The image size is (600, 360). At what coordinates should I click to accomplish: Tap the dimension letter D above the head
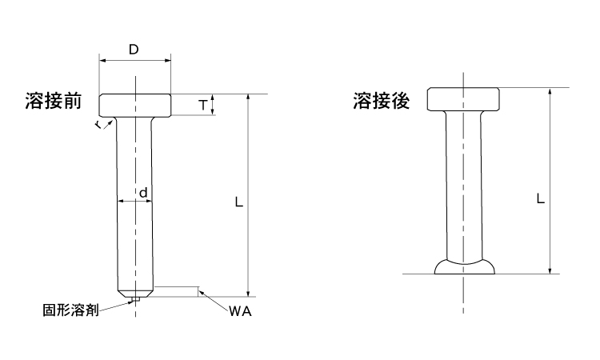(x=134, y=50)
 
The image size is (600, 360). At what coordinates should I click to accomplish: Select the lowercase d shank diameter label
(x=142, y=192)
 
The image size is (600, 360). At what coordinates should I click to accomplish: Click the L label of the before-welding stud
(x=238, y=203)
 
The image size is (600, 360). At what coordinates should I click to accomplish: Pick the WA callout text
(x=240, y=312)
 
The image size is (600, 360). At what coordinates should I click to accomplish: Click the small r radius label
(x=97, y=126)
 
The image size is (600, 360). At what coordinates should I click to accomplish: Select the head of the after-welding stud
(x=464, y=99)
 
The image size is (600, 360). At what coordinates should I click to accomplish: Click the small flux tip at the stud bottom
(x=136, y=299)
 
